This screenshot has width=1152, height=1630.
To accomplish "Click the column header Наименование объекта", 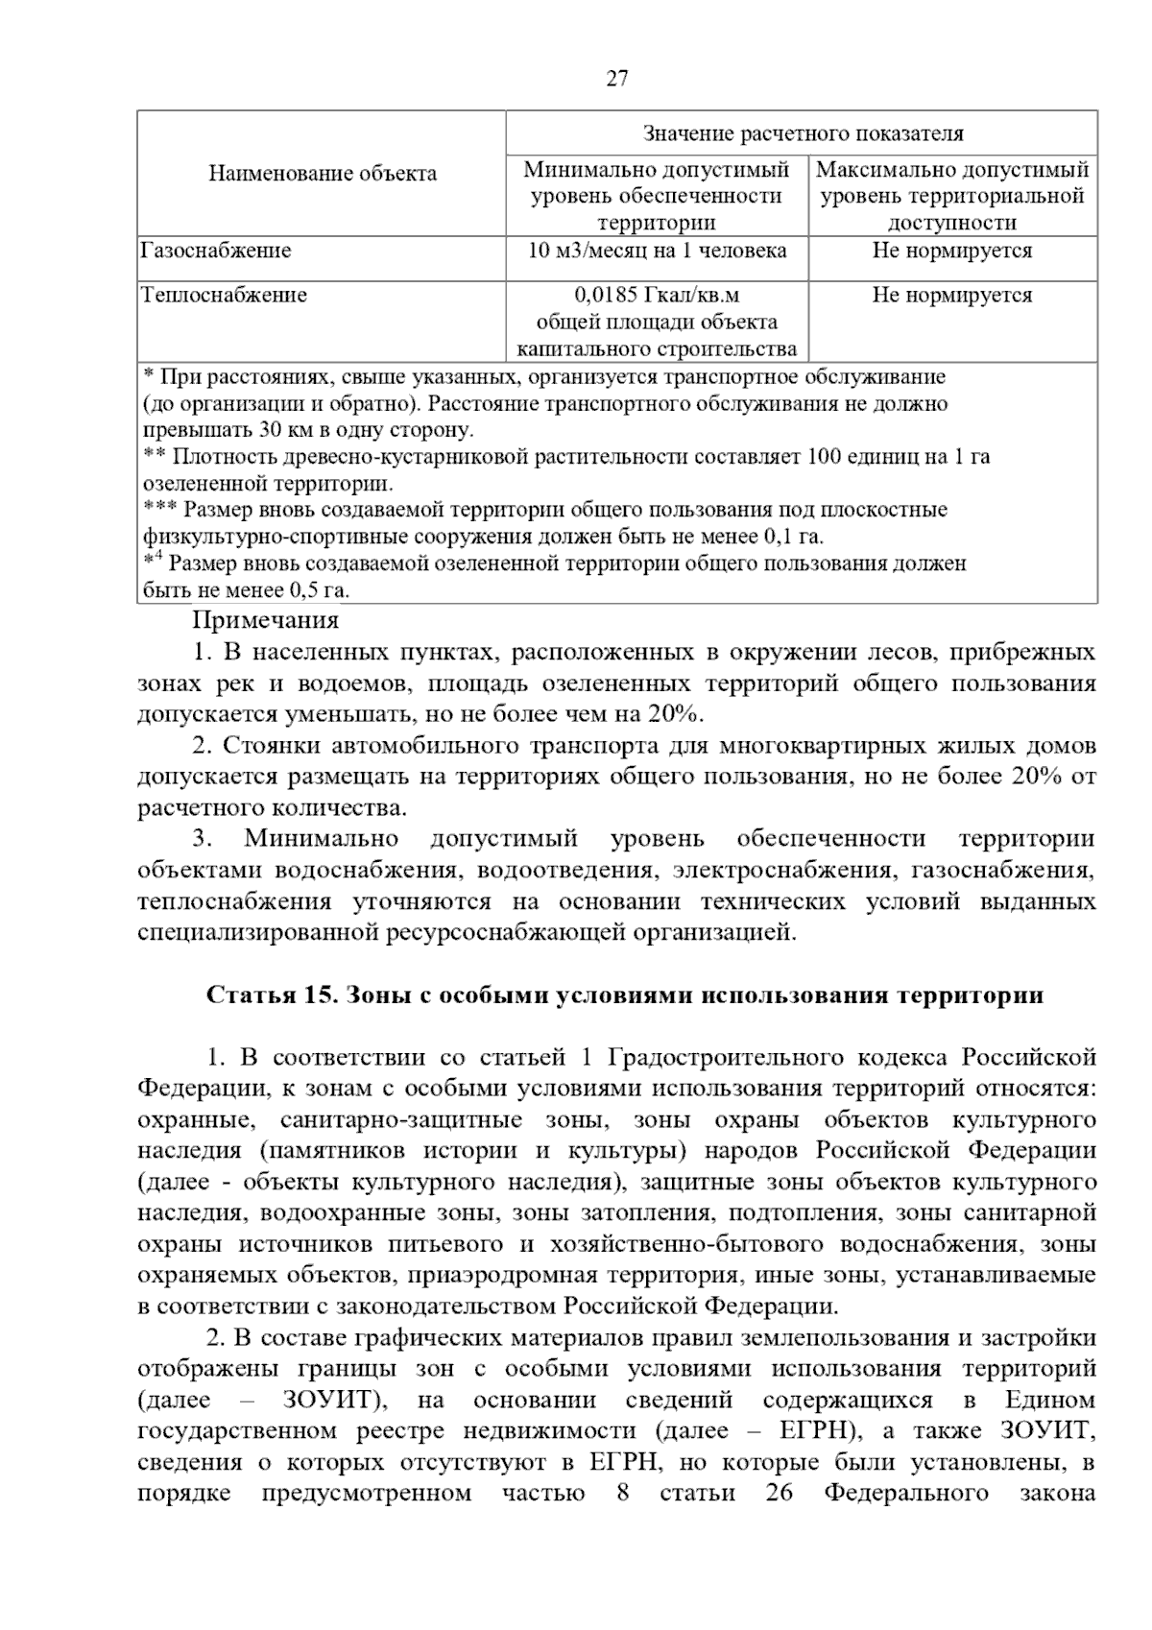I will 323,174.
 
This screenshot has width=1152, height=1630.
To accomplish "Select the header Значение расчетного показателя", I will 802,133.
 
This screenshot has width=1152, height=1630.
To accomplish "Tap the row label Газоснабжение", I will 216,252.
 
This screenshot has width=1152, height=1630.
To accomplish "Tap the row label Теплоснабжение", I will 224,296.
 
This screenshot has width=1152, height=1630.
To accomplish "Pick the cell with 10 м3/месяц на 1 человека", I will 657,252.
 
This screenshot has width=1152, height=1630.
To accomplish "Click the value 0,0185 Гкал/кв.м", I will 657,296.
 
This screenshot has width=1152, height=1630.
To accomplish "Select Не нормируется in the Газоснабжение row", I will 951,252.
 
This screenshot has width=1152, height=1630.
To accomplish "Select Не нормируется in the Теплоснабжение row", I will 951,296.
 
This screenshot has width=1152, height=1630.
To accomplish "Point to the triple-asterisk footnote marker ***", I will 159,508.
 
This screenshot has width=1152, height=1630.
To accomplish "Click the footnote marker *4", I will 154,560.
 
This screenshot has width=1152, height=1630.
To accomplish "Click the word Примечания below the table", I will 266,621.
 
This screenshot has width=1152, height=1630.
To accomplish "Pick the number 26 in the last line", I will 779,1494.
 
